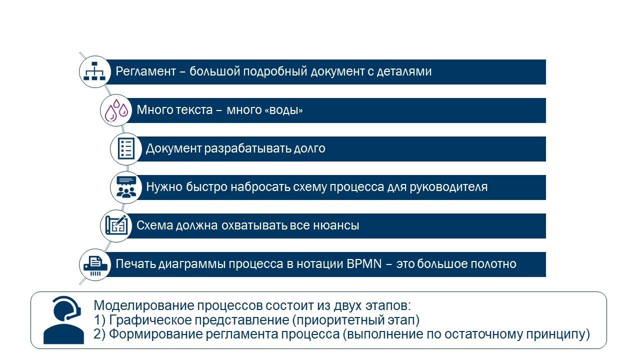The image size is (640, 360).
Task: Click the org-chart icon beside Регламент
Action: tap(94, 71)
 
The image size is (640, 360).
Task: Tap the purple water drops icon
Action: tap(116, 110)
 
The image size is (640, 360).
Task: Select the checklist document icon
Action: tap(126, 148)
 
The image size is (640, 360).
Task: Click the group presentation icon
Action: tap(126, 187)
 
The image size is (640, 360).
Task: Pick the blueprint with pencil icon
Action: tap(116, 225)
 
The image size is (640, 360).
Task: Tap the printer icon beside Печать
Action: tap(95, 265)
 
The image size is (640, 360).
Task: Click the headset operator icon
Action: tap(63, 319)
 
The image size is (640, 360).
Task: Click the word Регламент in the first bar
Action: tap(145, 71)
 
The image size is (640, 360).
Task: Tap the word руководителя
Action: tap(448, 187)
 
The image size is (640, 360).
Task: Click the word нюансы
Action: tap(336, 225)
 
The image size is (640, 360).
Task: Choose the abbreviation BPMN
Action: tap(364, 263)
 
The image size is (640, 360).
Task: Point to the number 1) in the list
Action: tap(99, 320)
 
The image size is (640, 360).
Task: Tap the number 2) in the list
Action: tap(99, 334)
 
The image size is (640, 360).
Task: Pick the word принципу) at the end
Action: tap(558, 334)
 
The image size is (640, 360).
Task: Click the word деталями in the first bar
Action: tap(404, 71)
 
